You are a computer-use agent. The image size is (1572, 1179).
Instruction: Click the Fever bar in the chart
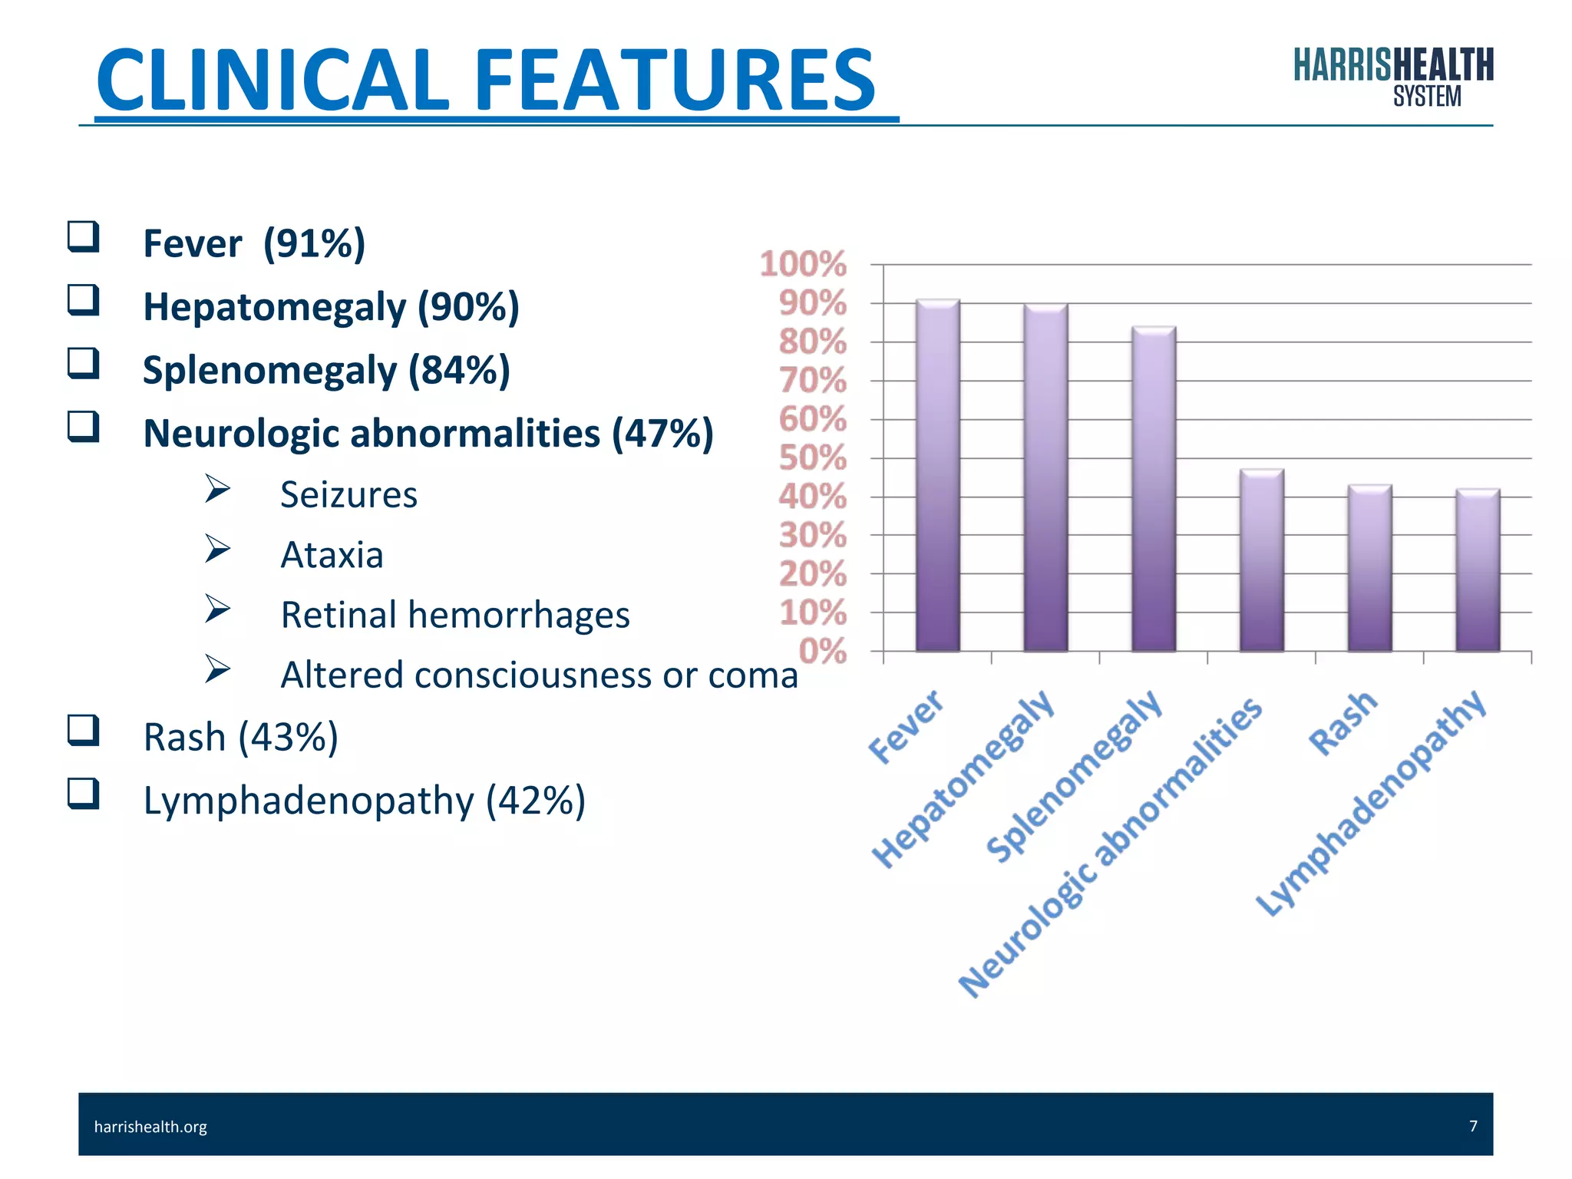click(x=937, y=476)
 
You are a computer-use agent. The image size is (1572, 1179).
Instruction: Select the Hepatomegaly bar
click(x=1045, y=477)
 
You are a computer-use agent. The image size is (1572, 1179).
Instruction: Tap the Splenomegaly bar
click(x=1154, y=489)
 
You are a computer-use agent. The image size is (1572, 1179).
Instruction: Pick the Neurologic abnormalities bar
click(x=1262, y=560)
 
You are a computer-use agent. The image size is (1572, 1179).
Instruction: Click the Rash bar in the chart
click(x=1370, y=568)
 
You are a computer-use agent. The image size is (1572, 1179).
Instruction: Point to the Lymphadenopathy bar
click(x=1478, y=570)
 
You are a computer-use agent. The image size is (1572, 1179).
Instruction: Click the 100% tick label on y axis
click(x=803, y=264)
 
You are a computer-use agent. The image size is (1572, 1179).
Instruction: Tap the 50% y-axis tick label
click(x=812, y=458)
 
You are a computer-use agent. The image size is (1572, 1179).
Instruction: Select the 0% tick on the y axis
click(x=822, y=651)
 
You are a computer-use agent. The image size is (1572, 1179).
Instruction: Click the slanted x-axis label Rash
click(x=1343, y=722)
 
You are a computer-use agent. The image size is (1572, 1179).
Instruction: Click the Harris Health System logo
click(x=1393, y=77)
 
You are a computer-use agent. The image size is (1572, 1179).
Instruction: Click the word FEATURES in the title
click(x=675, y=80)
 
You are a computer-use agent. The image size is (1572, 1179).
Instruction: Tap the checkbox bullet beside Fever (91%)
click(x=83, y=236)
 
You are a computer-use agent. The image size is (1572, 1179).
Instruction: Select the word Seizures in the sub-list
click(x=348, y=494)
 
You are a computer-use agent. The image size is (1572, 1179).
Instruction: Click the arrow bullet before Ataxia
click(x=217, y=549)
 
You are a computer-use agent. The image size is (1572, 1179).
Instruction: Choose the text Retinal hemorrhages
click(x=455, y=615)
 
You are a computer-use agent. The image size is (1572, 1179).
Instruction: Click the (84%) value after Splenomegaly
click(x=459, y=370)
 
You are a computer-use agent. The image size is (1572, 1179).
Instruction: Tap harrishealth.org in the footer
click(x=150, y=1126)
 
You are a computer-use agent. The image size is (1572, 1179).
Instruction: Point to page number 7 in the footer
click(x=1473, y=1125)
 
